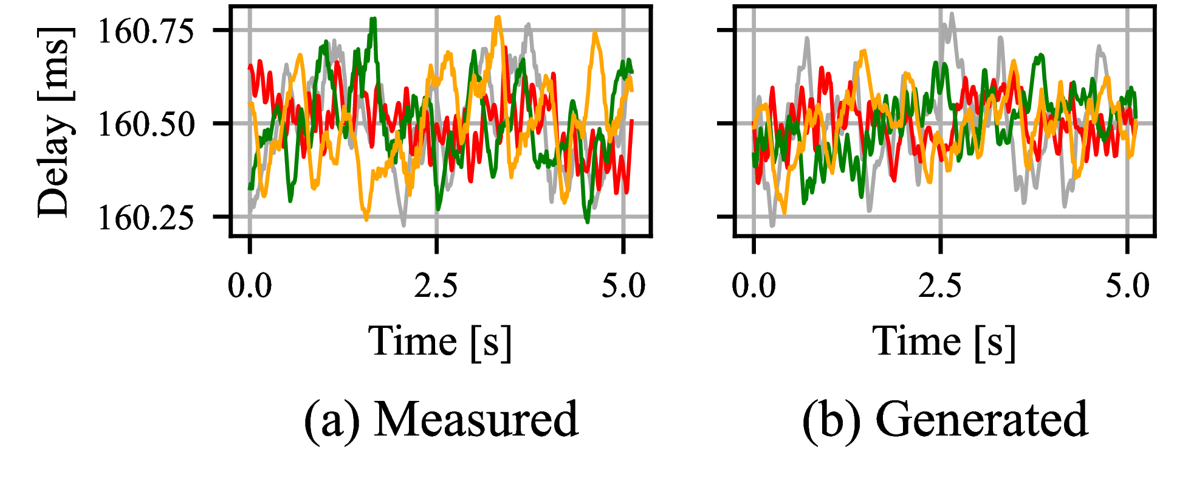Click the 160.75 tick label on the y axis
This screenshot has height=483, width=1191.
click(146, 30)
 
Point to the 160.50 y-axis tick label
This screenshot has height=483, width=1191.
click(146, 123)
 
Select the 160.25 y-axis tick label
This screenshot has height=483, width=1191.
click(146, 217)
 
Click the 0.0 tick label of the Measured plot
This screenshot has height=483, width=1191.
click(250, 285)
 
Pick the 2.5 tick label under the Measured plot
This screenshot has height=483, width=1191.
click(436, 285)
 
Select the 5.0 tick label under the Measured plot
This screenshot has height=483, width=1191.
click(623, 285)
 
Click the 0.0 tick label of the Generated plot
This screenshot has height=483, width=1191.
click(753, 285)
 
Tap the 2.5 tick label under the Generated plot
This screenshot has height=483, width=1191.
click(940, 285)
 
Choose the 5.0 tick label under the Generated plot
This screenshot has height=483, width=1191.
click(1127, 285)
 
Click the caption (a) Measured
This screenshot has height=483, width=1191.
click(441, 419)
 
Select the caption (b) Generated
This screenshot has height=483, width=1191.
click(944, 419)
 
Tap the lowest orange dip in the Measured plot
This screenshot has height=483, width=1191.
click(366, 218)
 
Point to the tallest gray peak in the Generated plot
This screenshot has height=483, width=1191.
click(951, 14)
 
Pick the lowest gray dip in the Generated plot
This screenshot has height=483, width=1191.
click(772, 225)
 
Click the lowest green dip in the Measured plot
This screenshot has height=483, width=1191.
click(587, 221)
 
